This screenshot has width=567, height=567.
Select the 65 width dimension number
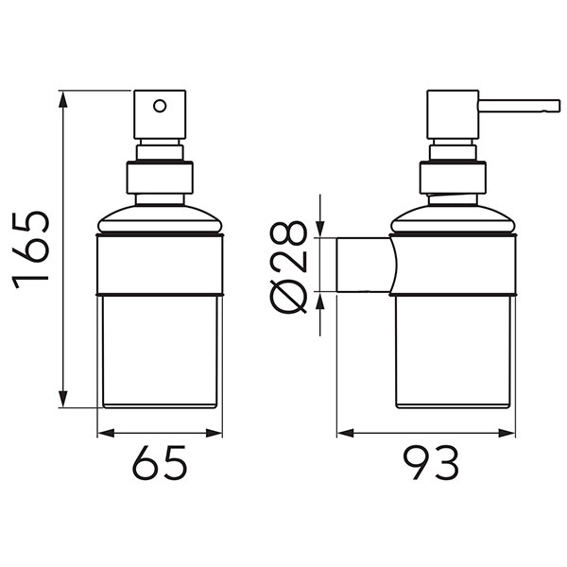point(160,465)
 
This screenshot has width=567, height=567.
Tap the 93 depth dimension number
point(430,465)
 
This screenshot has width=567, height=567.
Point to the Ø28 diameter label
point(288,266)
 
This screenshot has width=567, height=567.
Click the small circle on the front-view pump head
point(160,106)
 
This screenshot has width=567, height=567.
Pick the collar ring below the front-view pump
point(160,179)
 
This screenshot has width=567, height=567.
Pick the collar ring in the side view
point(453,179)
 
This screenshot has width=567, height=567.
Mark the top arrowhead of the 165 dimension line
point(64,97)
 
